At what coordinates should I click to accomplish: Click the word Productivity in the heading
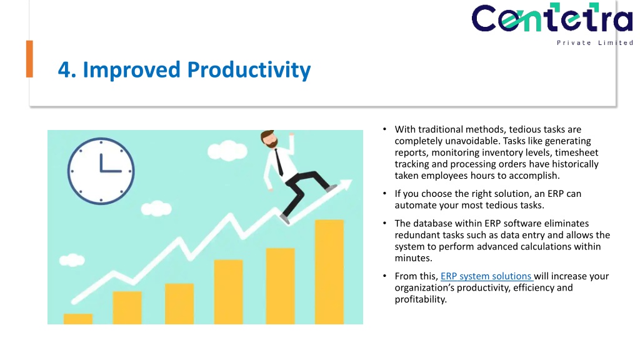point(249,70)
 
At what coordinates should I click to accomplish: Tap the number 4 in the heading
point(64,70)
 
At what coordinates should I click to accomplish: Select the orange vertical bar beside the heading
point(29,59)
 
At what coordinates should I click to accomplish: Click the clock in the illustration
point(101,171)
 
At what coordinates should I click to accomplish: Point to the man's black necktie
point(279,162)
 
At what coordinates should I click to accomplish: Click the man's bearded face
point(270,140)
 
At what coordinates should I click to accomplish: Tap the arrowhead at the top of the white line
point(346,184)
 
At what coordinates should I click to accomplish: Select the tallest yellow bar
point(329,272)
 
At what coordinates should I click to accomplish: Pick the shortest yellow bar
point(78,319)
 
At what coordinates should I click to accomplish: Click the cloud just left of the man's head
point(227,151)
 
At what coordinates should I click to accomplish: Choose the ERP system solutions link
point(486,276)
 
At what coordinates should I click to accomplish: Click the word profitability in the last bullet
point(421,299)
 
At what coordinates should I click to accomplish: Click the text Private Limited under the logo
point(595,42)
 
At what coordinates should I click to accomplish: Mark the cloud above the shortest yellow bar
point(72,260)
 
